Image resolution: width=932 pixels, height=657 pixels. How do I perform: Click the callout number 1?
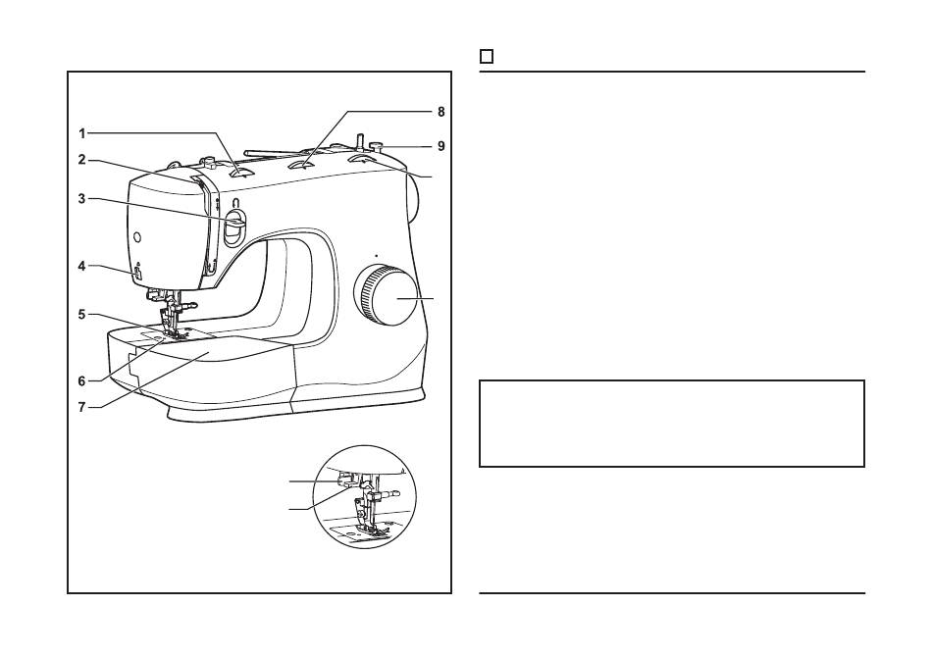(x=82, y=133)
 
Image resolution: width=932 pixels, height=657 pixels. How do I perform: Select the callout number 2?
(x=82, y=160)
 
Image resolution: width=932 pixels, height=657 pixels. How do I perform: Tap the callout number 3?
(x=82, y=198)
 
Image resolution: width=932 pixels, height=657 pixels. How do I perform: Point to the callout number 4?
(x=82, y=266)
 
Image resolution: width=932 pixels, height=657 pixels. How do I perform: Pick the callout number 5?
(x=82, y=314)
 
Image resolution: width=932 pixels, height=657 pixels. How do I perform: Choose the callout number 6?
(x=82, y=381)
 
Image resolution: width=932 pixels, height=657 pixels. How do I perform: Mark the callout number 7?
(x=82, y=408)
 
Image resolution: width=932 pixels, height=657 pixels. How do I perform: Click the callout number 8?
(x=441, y=112)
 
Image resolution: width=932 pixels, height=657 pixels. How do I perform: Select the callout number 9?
(x=441, y=145)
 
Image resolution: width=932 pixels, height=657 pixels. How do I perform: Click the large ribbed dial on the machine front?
(x=386, y=295)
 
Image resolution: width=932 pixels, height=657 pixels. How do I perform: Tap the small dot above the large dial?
(x=377, y=255)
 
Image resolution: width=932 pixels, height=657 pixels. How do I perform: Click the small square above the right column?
(x=487, y=57)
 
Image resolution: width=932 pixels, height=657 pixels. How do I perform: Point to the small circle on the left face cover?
(x=137, y=237)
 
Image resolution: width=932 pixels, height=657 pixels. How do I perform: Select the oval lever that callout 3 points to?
(x=234, y=227)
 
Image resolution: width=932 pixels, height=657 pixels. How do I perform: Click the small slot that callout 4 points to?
(x=136, y=274)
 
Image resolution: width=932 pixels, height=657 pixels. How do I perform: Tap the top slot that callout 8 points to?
(x=303, y=164)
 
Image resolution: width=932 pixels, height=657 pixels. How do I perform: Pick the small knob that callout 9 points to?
(x=377, y=145)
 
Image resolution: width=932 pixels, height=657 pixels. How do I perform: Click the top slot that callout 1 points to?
(x=241, y=173)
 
